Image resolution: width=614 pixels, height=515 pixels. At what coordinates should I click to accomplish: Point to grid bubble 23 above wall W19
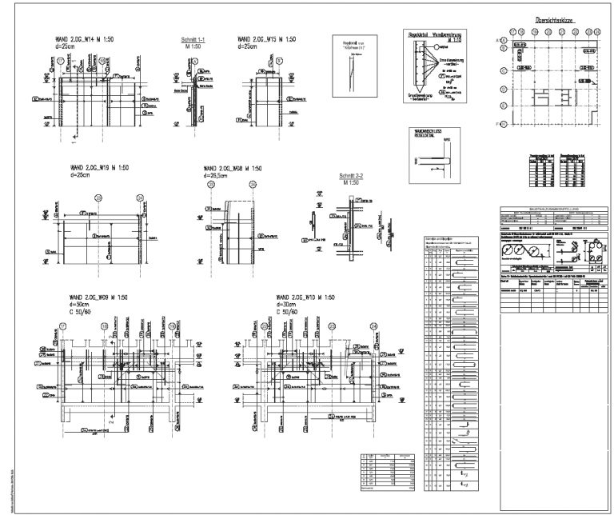[x=98, y=197]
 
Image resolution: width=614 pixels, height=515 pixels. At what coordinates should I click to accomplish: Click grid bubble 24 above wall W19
[x=140, y=197]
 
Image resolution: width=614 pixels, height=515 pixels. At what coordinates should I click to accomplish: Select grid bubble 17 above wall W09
[x=63, y=325]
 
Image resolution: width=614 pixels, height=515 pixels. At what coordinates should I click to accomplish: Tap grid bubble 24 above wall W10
[x=373, y=325]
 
